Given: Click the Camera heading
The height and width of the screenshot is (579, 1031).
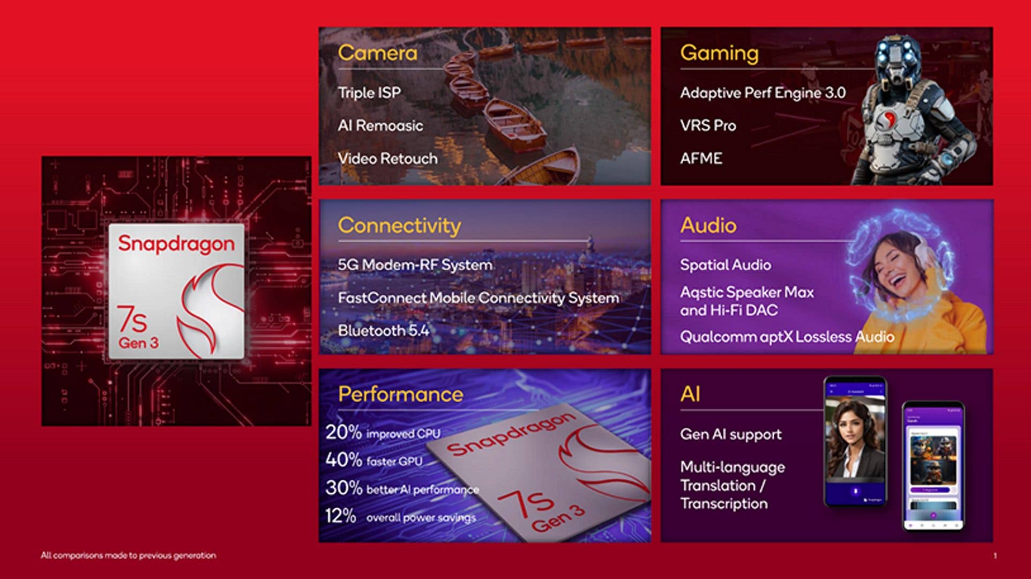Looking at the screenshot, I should coord(377,53).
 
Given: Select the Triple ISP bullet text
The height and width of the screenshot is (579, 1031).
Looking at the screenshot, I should coord(369,93).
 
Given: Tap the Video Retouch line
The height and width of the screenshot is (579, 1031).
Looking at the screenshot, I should coord(387,159).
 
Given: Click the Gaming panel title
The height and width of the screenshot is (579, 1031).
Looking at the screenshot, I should coord(719,53).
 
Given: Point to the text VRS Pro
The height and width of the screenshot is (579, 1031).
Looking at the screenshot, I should coord(708,125).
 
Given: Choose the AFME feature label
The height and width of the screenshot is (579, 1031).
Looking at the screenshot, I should coord(701,159).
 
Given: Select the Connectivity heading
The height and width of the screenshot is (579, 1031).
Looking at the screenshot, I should coord(399,225).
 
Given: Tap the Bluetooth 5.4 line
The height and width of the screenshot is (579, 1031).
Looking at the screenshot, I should coord(383,331).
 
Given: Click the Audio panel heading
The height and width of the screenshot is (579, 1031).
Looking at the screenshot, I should coord(708,225).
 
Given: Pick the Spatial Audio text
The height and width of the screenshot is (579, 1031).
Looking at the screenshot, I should coord(726,265).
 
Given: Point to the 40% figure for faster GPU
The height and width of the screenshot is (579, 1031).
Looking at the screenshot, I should coord(343,460).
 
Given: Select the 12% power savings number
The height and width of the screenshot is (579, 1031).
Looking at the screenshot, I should coord(340,516).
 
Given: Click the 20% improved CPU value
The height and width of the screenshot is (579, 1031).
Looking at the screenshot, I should coord(343,432).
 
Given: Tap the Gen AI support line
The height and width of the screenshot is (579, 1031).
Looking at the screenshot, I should coord(730,434).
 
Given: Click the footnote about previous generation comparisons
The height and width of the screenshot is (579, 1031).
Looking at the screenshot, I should coord(129,555).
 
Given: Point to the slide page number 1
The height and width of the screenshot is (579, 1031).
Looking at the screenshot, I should coord(995,556).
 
